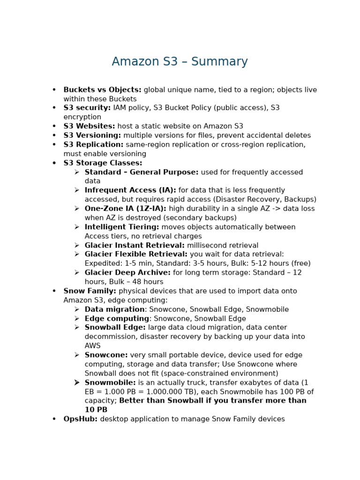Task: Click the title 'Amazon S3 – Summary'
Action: (180, 62)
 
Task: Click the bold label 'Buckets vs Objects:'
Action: (102, 90)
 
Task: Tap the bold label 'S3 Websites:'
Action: (89, 126)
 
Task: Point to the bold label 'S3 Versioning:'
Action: (92, 135)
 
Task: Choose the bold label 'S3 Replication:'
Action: (93, 144)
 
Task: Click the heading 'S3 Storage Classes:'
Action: (103, 163)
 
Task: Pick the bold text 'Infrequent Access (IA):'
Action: (130, 190)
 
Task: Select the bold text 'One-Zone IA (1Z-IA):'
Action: (125, 209)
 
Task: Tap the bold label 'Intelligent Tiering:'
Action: (122, 227)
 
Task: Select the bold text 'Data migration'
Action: (114, 309)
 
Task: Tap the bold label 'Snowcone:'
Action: (106, 355)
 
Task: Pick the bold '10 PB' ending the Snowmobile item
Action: (96, 410)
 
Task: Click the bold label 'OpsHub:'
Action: (81, 419)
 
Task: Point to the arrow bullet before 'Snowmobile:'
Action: (77, 382)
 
